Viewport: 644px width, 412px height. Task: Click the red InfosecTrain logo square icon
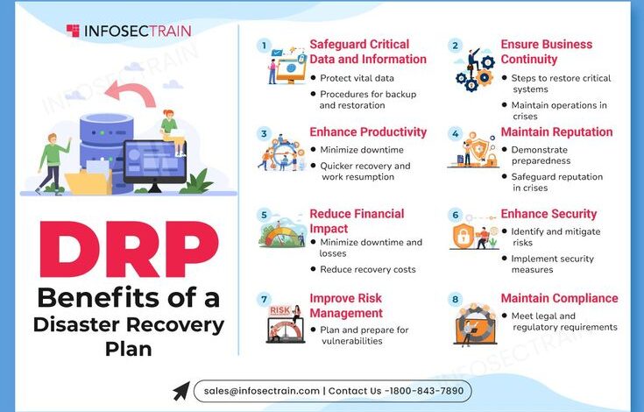tap(73, 31)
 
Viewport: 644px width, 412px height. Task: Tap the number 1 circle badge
tap(264, 46)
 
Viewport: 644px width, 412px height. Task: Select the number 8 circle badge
tap(455, 299)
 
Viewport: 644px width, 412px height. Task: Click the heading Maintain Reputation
tap(556, 131)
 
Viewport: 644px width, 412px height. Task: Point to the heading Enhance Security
tap(548, 214)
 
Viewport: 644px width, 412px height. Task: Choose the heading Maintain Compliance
tap(559, 298)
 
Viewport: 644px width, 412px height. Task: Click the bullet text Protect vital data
tap(357, 78)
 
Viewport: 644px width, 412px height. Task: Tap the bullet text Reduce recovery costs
tap(368, 269)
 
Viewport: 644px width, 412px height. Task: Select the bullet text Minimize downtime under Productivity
tap(362, 150)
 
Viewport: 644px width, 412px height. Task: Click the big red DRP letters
tap(129, 249)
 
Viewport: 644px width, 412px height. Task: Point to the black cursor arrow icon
tap(181, 391)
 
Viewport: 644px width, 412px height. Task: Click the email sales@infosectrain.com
tap(262, 391)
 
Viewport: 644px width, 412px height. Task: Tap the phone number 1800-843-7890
tap(427, 391)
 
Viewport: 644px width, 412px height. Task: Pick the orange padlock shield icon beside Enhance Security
tap(463, 236)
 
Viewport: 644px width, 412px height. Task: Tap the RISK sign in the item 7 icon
tap(280, 310)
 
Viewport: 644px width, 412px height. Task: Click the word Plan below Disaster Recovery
tap(129, 349)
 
